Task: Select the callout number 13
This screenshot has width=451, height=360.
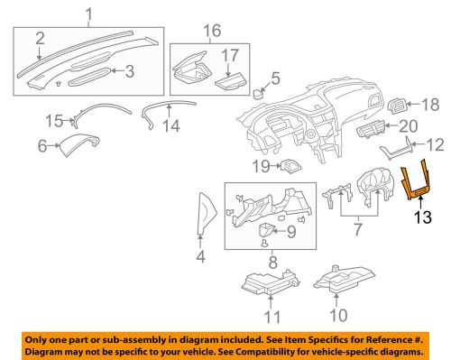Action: point(423,217)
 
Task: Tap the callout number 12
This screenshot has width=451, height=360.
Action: point(436,143)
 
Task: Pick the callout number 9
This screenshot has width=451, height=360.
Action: point(290,232)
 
